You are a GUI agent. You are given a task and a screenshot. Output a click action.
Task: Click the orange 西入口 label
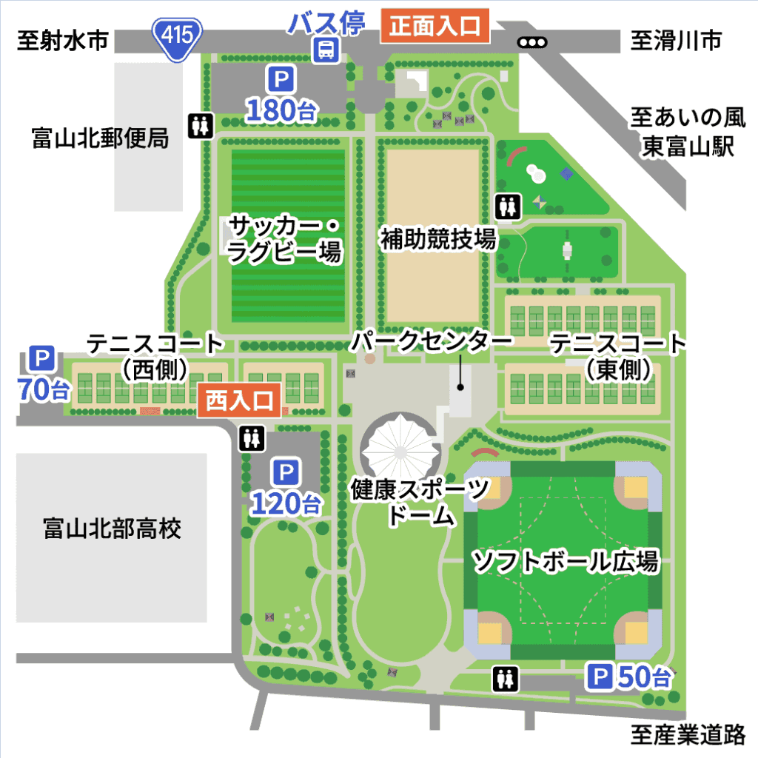[239, 401]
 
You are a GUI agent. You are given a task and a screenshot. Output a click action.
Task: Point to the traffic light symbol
[531, 42]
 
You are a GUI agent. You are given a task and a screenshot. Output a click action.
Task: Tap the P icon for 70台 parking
[41, 360]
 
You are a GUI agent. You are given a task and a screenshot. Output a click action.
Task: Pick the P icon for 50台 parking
[600, 675]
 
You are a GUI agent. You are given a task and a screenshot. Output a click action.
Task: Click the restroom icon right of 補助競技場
[507, 207]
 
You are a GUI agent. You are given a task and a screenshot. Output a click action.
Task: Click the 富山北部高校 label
[113, 529]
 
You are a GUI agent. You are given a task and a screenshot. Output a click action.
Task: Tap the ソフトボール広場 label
[566, 561]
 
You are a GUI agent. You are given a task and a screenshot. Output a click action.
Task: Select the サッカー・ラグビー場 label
[284, 238]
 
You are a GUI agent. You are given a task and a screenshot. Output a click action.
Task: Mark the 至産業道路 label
[688, 734]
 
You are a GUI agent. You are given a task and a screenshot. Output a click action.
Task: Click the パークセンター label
[432, 343]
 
